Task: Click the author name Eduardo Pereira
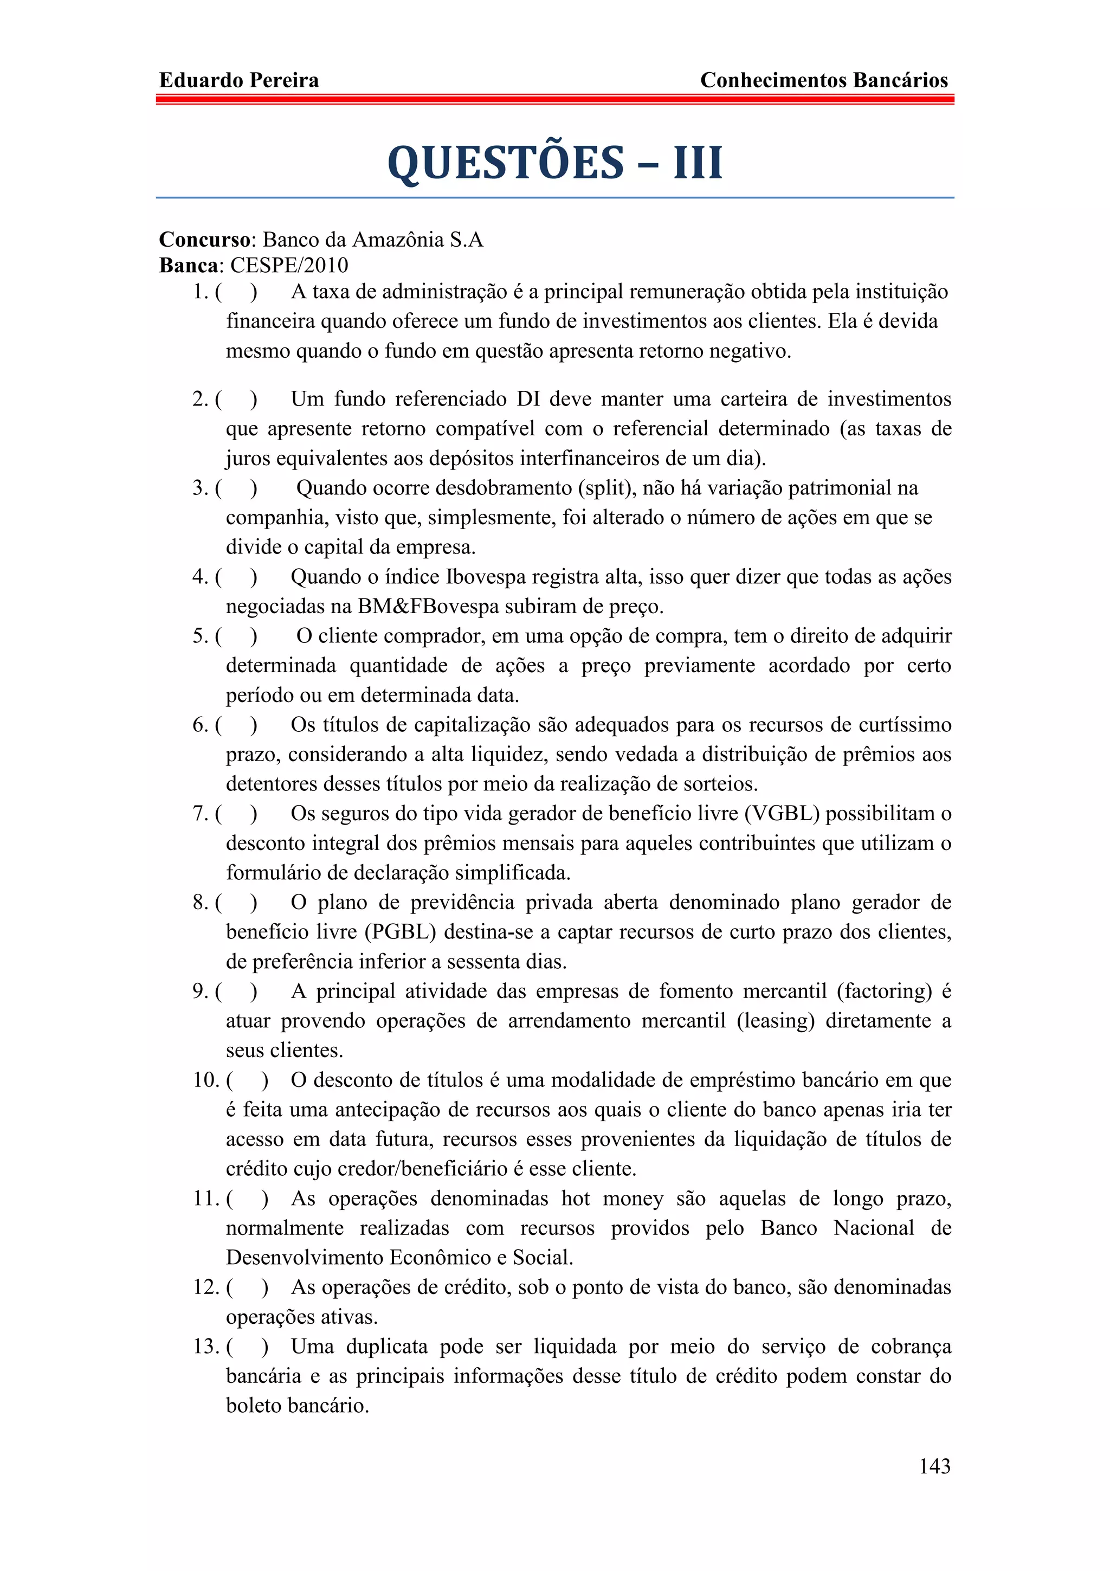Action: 238,81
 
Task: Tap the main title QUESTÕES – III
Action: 554,163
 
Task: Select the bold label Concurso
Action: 204,240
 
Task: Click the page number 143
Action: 934,1466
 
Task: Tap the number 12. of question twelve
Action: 206,1287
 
